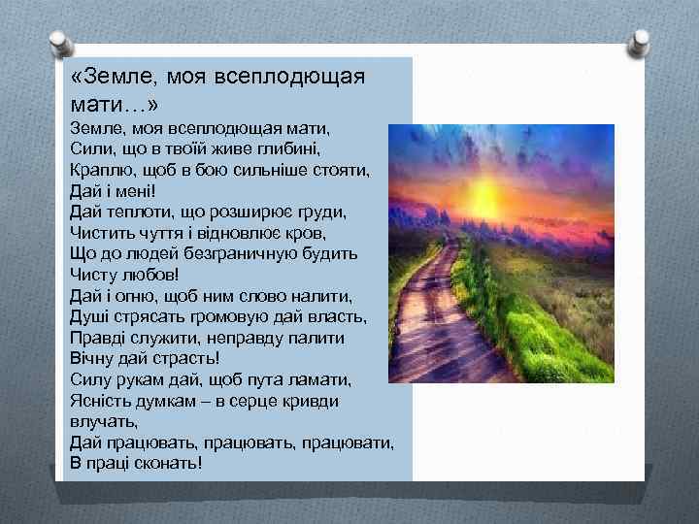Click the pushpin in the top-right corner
tap(640, 43)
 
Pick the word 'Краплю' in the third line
tap(97, 169)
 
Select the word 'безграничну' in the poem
tap(232, 252)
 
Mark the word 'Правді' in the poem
tap(94, 337)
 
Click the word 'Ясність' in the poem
tap(98, 400)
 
